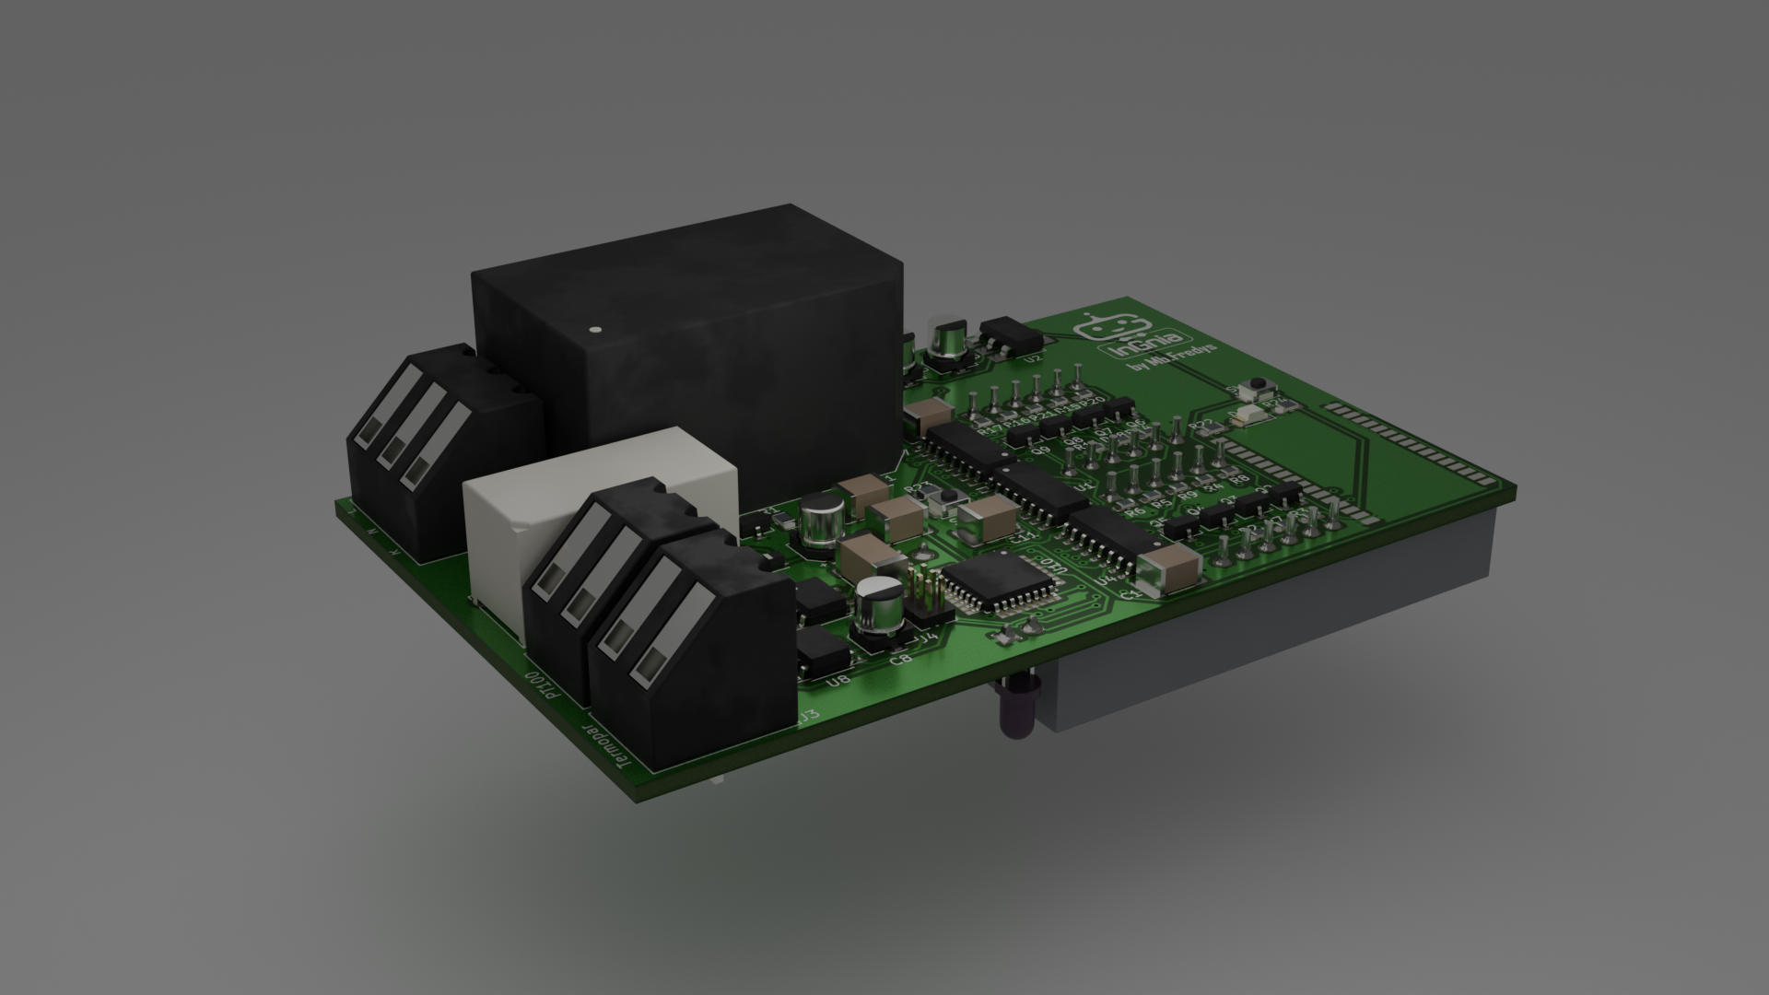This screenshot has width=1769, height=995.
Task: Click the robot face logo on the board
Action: (1113, 327)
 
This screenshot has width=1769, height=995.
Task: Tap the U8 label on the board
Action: (838, 682)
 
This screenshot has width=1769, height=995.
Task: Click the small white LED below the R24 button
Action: (1251, 416)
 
